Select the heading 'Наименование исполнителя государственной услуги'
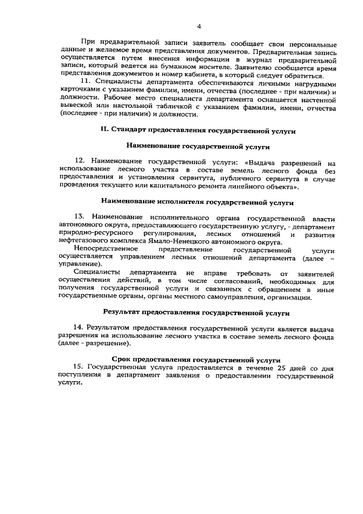[197, 202]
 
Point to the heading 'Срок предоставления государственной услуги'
[196, 360]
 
